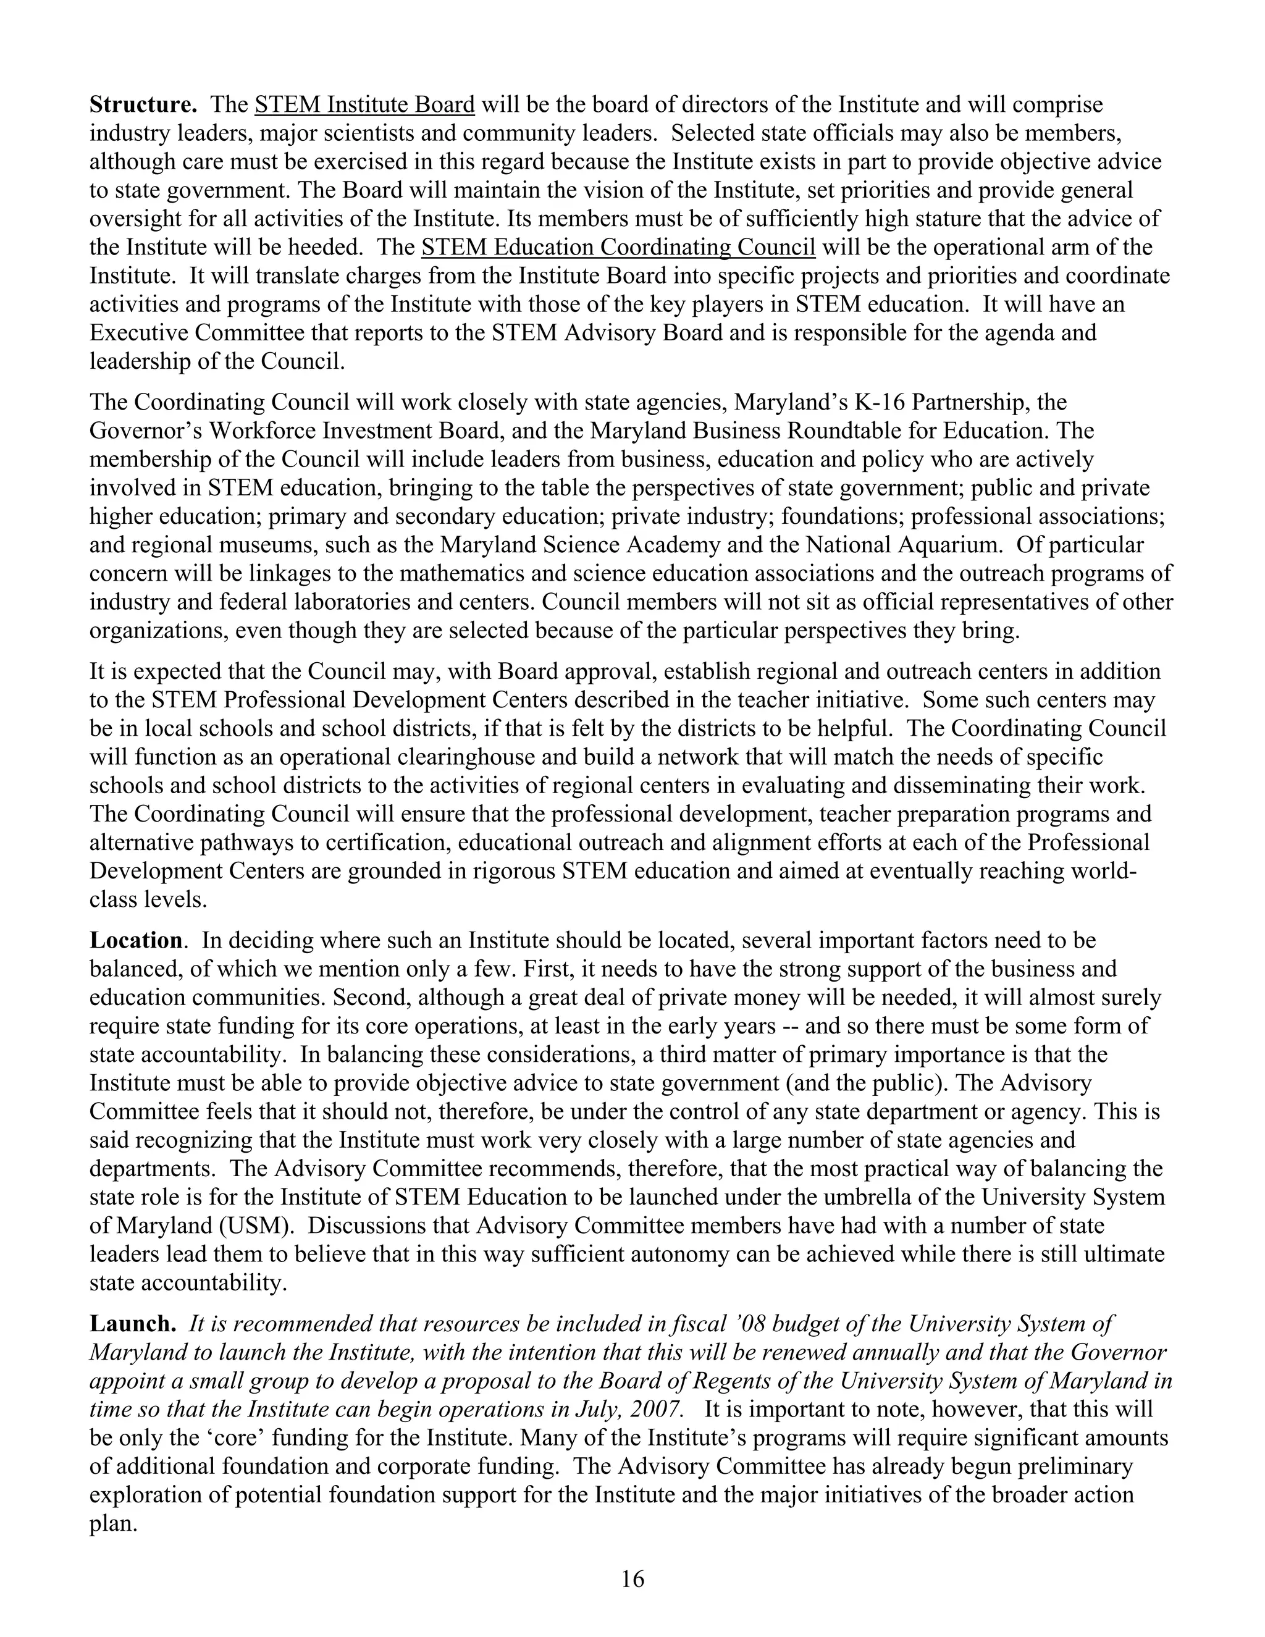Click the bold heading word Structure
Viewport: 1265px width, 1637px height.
pos(143,104)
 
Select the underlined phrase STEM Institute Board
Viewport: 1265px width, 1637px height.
pos(365,104)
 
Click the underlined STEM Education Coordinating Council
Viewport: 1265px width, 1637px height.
pos(618,247)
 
